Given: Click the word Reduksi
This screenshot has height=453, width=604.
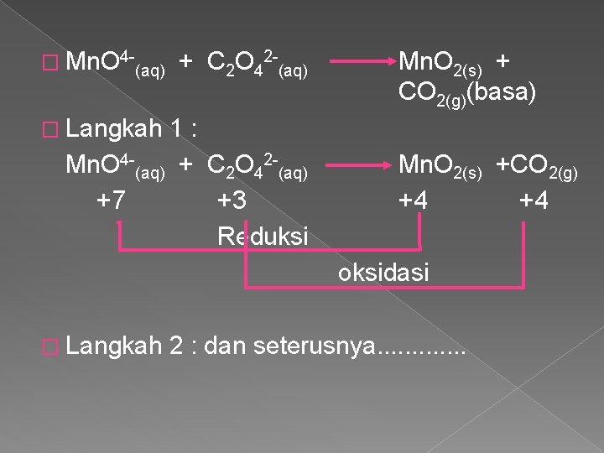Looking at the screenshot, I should coord(262,237).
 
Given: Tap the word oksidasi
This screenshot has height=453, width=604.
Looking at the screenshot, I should coord(383,273).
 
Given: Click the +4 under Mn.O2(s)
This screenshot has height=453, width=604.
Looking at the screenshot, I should coord(419,200).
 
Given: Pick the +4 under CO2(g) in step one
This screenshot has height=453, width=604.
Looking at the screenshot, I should coord(534,200).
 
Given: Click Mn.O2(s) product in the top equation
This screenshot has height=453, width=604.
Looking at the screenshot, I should coord(443,63).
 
